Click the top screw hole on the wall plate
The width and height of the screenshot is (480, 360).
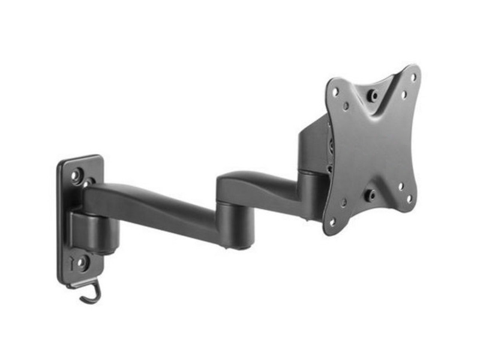[x=77, y=176]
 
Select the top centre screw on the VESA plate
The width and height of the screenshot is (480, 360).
[x=374, y=94]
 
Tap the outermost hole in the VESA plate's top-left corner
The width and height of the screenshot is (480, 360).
[x=335, y=92]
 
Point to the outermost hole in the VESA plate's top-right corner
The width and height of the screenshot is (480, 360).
[x=413, y=76]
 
